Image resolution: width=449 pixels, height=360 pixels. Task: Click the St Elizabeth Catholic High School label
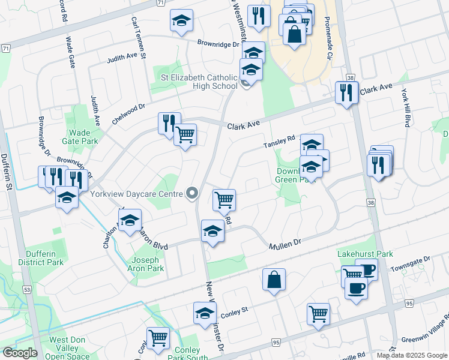199,81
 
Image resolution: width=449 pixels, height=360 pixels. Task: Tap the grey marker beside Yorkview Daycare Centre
192,193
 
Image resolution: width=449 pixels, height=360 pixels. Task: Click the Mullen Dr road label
284,242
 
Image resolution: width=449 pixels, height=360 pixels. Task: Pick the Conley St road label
234,311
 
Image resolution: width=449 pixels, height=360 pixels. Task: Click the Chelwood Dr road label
128,114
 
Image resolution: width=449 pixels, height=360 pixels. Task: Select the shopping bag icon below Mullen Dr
274,280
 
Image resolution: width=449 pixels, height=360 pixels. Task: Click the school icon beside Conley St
205,313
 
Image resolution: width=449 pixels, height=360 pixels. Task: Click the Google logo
19,353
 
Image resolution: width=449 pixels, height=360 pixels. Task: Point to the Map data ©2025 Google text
411,355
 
